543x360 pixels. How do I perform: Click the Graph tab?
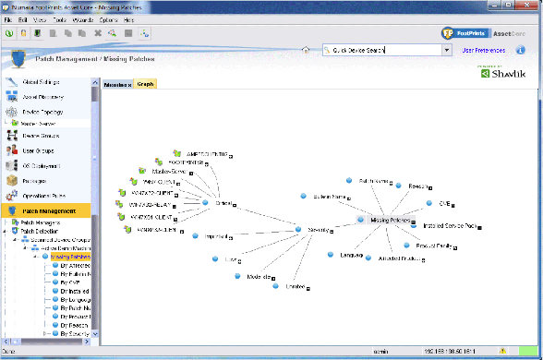pyautogui.click(x=146, y=83)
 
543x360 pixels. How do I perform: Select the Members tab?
pyautogui.click(x=118, y=83)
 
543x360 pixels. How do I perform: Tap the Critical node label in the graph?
pyautogui.click(x=222, y=203)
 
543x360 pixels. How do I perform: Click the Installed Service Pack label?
pyautogui.click(x=447, y=224)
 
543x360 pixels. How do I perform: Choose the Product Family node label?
pyautogui.click(x=432, y=246)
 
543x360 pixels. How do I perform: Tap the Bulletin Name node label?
pyautogui.click(x=330, y=197)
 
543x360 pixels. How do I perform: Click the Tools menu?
pyautogui.click(x=57, y=19)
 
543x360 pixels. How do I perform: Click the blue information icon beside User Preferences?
pyautogui.click(x=521, y=50)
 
